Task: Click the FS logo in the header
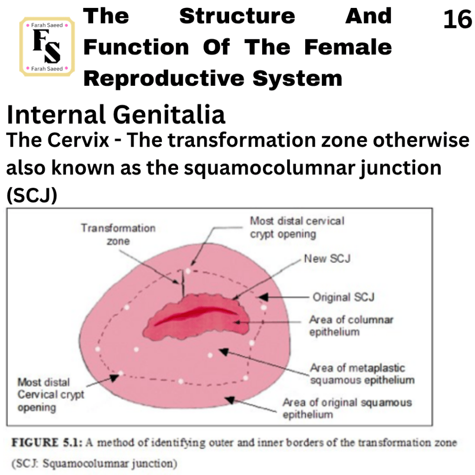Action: [47, 46]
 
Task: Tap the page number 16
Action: [457, 19]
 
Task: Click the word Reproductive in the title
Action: [164, 78]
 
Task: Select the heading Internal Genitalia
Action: [116, 115]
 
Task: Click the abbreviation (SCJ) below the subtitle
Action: [32, 195]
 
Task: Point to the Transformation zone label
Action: [118, 234]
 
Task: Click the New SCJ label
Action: [327, 259]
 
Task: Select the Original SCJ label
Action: [344, 297]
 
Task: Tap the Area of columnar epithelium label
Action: [351, 326]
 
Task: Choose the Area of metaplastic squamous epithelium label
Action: [362, 374]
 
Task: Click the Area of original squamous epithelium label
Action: [347, 408]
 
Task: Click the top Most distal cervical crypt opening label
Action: [297, 227]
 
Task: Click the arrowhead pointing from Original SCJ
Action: [263, 297]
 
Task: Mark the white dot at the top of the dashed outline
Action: [188, 271]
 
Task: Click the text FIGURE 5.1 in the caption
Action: [47, 443]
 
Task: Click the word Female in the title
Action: [348, 47]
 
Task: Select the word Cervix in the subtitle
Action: [78, 140]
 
